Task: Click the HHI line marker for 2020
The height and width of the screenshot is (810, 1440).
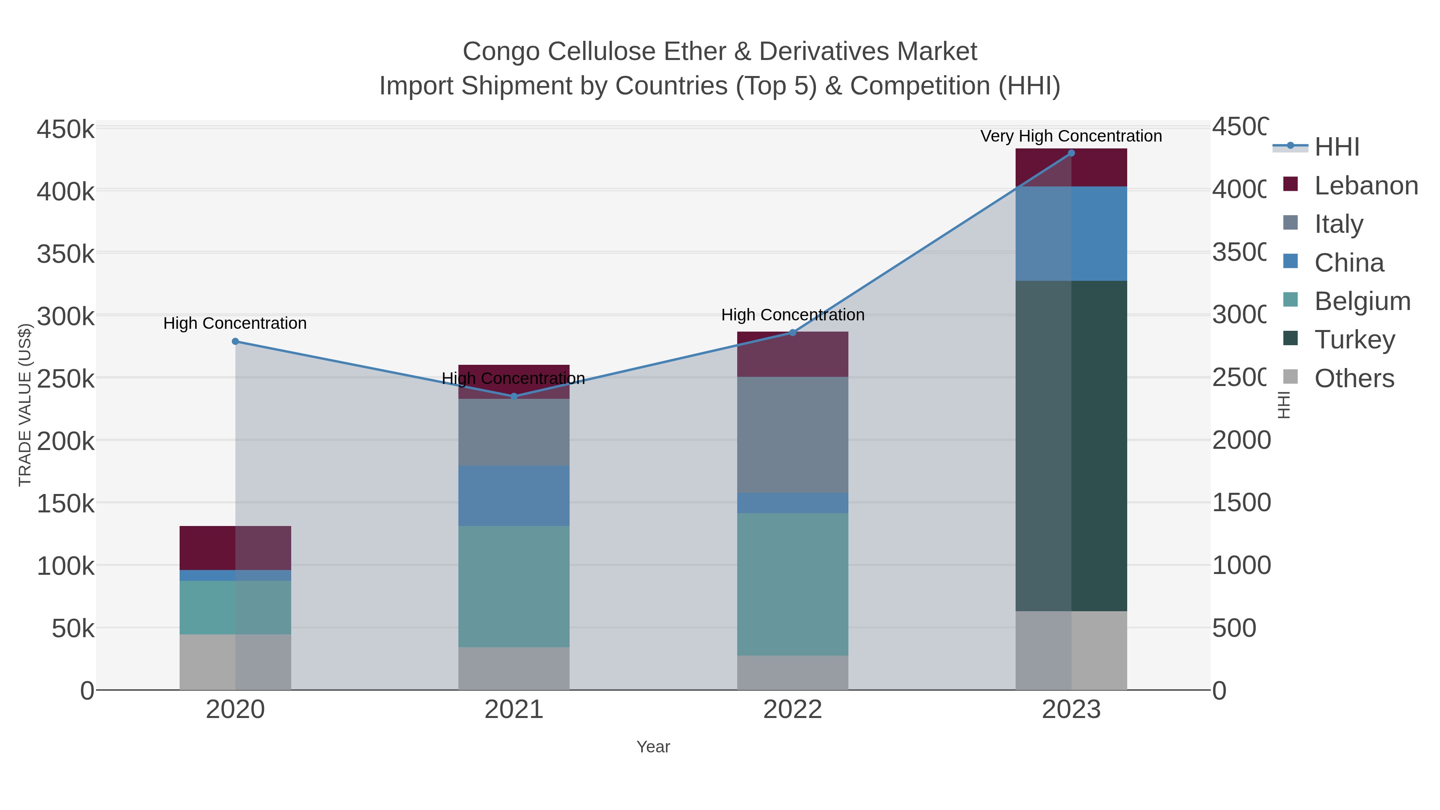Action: [x=235, y=342]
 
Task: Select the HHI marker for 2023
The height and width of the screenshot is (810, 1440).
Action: [x=1071, y=153]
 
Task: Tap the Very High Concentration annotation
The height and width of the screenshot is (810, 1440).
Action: [x=1071, y=136]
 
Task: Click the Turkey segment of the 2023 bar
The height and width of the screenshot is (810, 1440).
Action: [x=1071, y=446]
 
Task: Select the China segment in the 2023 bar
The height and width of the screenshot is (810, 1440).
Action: [x=1071, y=234]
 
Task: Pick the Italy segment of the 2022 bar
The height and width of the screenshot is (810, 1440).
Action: [x=793, y=435]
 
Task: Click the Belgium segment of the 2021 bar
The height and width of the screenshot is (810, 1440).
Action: [x=514, y=586]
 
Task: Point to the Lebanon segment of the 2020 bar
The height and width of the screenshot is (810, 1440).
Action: [x=235, y=548]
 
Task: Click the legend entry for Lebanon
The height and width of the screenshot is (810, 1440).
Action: [x=1366, y=186]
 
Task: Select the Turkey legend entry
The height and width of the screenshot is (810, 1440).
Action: [x=1354, y=340]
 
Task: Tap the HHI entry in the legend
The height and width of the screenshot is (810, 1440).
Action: [x=1336, y=147]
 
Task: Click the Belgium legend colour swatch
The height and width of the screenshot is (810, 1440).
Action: [x=1290, y=300]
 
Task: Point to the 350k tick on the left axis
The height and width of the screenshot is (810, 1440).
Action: [x=66, y=254]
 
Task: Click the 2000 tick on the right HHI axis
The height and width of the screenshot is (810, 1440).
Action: [x=1241, y=440]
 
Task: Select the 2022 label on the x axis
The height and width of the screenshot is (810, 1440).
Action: [x=793, y=710]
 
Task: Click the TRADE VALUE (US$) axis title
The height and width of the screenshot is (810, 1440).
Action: [x=25, y=405]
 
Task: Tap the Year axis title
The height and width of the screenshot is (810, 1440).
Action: [x=653, y=747]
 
